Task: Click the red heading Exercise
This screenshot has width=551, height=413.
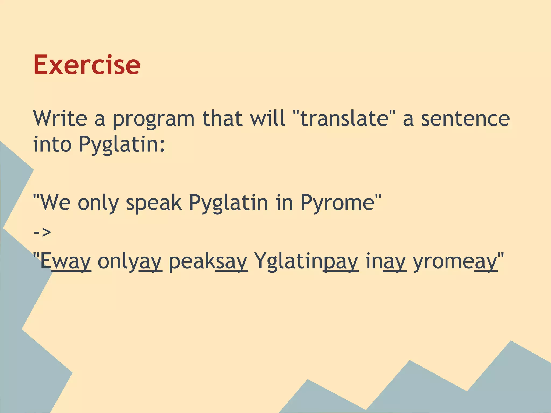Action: tap(87, 65)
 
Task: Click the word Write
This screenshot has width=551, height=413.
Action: tap(60, 118)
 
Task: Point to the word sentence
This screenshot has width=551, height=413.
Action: tap(465, 119)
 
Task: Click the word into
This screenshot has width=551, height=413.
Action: tap(52, 144)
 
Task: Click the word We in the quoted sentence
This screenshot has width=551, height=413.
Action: tap(55, 202)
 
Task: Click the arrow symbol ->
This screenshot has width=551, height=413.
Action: tap(43, 232)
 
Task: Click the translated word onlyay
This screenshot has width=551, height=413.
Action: tap(129, 262)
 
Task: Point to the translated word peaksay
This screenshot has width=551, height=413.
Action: tap(208, 262)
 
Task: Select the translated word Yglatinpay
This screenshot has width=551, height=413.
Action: tap(306, 262)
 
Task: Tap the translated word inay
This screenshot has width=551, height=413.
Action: tap(385, 262)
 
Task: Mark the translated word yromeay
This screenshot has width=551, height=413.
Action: tap(455, 262)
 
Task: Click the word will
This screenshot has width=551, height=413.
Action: tap(267, 118)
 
